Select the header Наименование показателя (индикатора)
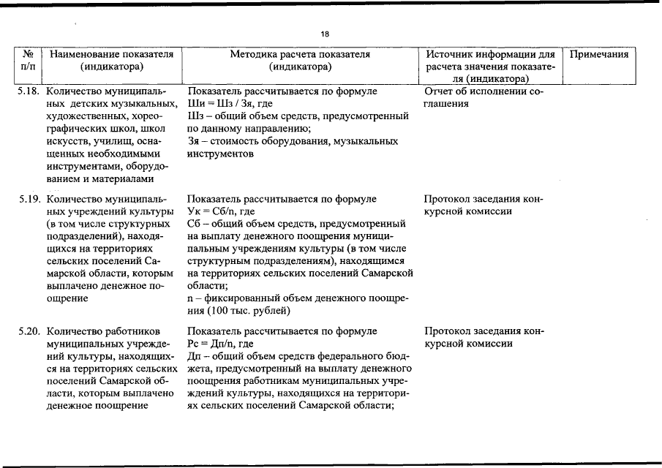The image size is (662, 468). pyautogui.click(x=111, y=61)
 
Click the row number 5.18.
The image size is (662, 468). pyautogui.click(x=29, y=92)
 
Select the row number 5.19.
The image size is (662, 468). pyautogui.click(x=29, y=199)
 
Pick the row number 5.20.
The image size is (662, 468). pyautogui.click(x=29, y=331)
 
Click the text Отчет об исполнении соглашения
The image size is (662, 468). pyautogui.click(x=483, y=98)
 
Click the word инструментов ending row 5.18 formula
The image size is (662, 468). pyautogui.click(x=221, y=154)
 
